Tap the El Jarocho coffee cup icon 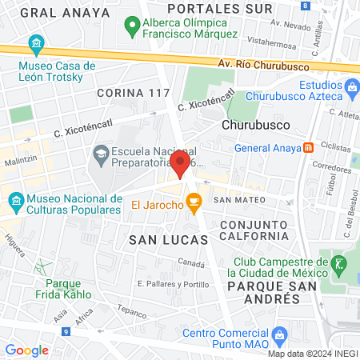[194, 206]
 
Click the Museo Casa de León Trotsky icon [35, 42]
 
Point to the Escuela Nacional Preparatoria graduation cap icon [101, 152]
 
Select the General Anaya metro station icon [308, 147]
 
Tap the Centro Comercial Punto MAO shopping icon [279, 333]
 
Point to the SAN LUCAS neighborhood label [168, 239]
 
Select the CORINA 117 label [134, 94]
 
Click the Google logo [27, 350]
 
